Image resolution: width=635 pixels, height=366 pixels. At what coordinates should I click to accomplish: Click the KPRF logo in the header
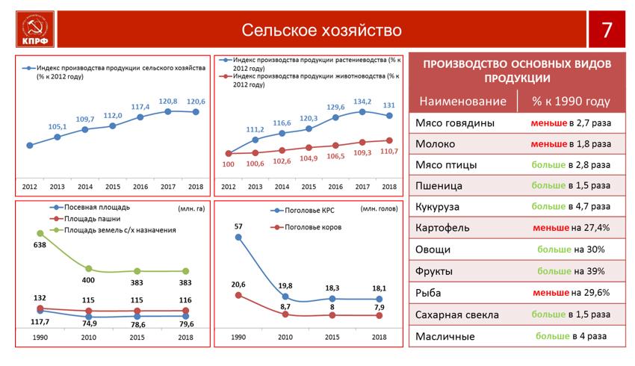coord(35,29)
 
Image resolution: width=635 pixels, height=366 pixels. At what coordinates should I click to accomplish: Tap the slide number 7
coord(607,30)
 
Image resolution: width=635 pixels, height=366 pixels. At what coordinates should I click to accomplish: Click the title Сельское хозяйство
coord(321,31)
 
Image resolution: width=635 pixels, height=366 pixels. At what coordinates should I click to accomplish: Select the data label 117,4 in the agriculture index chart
coord(140,107)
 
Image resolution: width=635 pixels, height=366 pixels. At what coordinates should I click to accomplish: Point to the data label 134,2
coord(362,102)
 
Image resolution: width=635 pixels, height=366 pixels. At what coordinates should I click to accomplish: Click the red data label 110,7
coord(389,152)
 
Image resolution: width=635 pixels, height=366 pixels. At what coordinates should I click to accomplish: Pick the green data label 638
coord(40,245)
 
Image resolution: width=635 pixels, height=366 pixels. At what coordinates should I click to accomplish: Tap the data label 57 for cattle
coord(238,226)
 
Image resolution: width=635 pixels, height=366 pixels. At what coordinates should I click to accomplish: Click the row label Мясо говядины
coord(455,123)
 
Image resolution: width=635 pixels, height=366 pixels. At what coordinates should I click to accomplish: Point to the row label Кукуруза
coord(437,207)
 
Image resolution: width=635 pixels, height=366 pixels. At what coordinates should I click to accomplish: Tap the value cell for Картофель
coord(571,228)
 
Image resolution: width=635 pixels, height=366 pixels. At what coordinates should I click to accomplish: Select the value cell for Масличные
coord(571,336)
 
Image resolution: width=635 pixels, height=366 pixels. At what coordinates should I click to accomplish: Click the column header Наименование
coord(463,102)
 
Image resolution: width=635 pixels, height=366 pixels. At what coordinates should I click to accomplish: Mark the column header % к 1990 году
coord(571,102)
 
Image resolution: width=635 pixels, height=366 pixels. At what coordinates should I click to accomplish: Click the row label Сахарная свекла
coord(457,314)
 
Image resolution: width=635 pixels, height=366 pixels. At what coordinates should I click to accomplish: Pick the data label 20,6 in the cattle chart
coord(238,285)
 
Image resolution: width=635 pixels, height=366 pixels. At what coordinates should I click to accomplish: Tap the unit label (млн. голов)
coord(379,208)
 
